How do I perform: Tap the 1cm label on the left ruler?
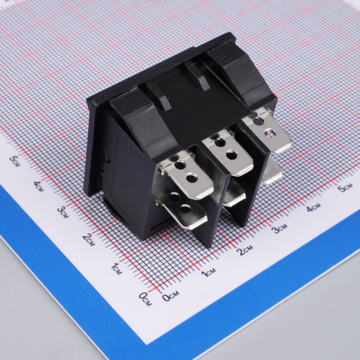pyautogui.click(x=117, y=269)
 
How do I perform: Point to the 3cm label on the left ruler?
pyautogui.click(x=63, y=212)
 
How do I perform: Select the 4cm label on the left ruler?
pyautogui.click(x=38, y=186)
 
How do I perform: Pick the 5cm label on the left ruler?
pyautogui.click(x=15, y=161)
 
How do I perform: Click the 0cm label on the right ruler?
pyautogui.click(x=171, y=296)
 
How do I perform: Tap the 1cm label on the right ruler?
pyautogui.click(x=208, y=272)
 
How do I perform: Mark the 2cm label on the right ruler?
pyautogui.click(x=246, y=250)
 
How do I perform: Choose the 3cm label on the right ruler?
pyautogui.click(x=279, y=228)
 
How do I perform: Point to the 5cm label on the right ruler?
pyautogui.click(x=345, y=188)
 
